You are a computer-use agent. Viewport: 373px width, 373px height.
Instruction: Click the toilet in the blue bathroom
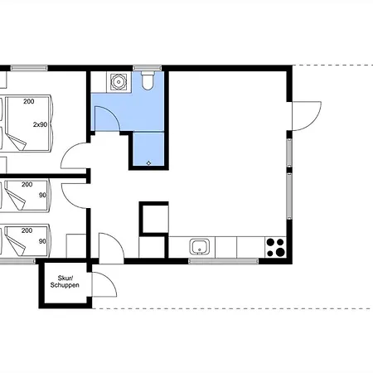click(148, 80)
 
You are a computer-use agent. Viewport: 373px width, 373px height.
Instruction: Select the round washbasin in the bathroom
click(119, 82)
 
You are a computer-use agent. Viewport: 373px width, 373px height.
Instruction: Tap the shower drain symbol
click(148, 163)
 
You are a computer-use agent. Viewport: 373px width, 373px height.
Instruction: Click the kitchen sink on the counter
click(200, 247)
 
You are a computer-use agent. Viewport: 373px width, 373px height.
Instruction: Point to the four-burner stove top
click(275, 247)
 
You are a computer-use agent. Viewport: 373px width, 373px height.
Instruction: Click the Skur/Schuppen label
click(65, 282)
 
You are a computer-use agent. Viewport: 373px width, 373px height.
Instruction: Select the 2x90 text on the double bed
click(40, 124)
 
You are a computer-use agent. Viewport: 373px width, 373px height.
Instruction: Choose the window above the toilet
click(148, 68)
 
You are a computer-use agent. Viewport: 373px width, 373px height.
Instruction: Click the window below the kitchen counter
click(223, 261)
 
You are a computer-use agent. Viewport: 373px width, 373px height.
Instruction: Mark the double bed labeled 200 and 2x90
click(26, 124)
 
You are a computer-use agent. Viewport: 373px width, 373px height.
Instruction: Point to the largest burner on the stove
click(280, 252)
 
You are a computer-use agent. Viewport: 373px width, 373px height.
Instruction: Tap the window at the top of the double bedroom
click(29, 68)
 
